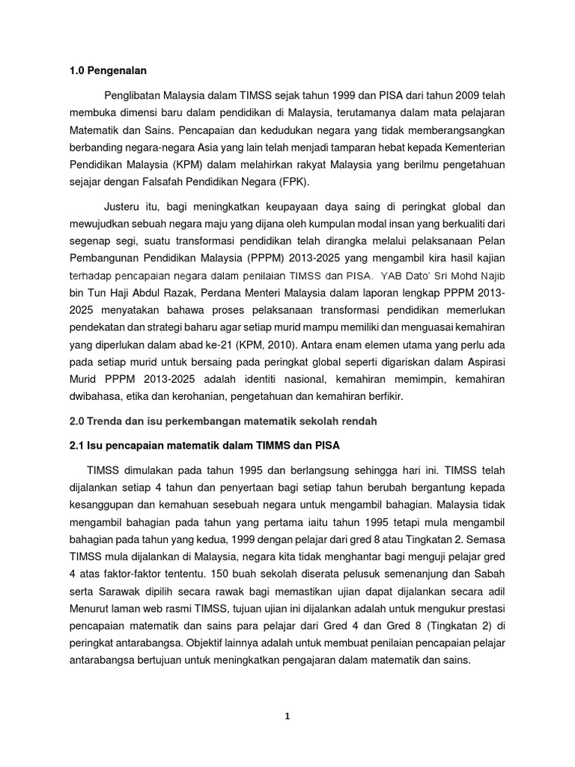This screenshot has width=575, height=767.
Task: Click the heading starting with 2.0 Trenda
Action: [219, 421]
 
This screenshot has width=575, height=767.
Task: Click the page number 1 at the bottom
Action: [287, 716]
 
